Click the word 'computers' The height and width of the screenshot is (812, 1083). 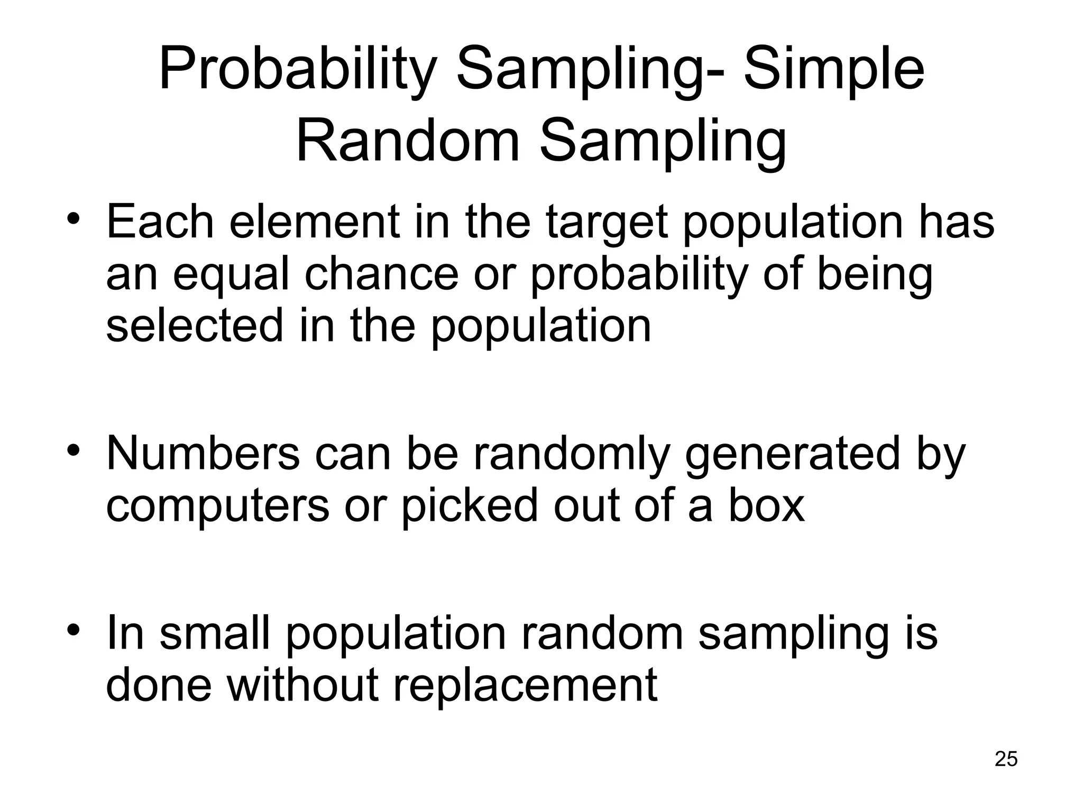coord(217,506)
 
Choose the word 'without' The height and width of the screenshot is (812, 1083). coord(302,684)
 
